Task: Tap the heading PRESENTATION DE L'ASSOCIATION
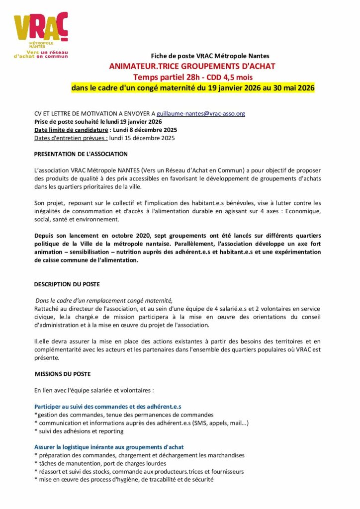tap(81, 154)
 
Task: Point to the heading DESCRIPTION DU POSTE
tap(67, 284)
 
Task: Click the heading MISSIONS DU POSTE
tap(63, 373)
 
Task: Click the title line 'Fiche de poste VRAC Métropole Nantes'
tap(210, 56)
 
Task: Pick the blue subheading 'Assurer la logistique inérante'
tap(109, 447)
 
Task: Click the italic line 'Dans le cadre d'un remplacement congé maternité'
tap(104, 300)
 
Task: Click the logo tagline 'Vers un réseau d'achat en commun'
tap(41, 54)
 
